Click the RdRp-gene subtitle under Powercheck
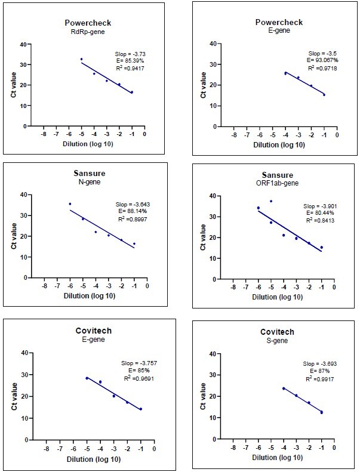pyautogui.click(x=88, y=32)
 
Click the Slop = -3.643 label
pyautogui.click(x=130, y=205)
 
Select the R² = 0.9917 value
pyautogui.click(x=318, y=378)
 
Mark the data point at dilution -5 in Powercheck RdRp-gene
pyautogui.click(x=82, y=59)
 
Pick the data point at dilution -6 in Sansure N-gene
pyautogui.click(x=70, y=204)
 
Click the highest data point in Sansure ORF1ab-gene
pyautogui.click(x=271, y=201)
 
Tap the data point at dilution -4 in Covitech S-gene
pyautogui.click(x=284, y=388)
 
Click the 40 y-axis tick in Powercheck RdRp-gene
pyautogui.click(x=23, y=44)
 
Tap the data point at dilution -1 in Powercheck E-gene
pyautogui.click(x=324, y=94)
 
